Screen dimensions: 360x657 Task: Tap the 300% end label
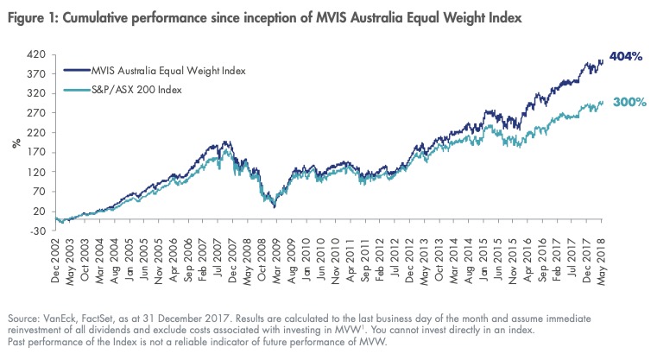click(630, 102)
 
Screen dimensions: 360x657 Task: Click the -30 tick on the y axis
click(37, 231)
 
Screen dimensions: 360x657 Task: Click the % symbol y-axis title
click(15, 142)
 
